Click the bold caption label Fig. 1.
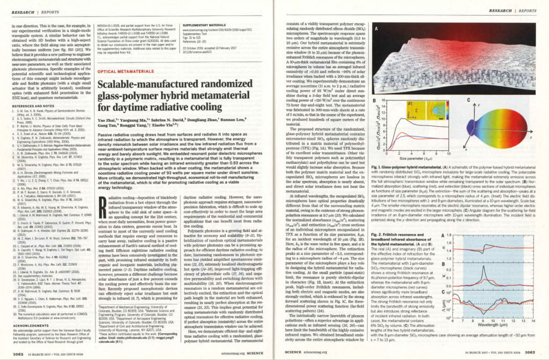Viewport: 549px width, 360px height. [376, 167]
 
